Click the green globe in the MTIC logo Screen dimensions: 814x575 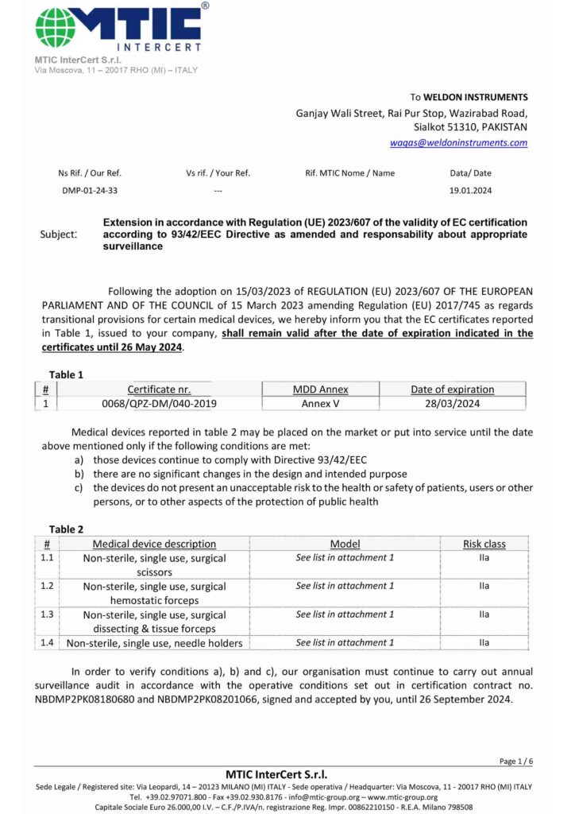tap(56, 28)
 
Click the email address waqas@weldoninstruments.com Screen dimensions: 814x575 tap(458, 143)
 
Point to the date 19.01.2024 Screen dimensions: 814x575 tap(470, 191)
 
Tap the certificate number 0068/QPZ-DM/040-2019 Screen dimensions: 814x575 tap(159, 403)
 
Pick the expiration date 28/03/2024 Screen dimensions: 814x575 tap(452, 403)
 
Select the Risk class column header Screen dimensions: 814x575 tap(484, 544)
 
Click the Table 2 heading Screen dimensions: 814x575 tap(66, 529)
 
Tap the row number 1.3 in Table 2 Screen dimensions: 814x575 tap(47, 614)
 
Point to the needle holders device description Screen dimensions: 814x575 tap(154, 643)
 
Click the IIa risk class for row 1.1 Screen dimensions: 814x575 tap(484, 558)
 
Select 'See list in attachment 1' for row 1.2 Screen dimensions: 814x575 tap(345, 586)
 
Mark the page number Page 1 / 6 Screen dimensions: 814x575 tap(515, 761)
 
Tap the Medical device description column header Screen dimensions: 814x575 tap(154, 544)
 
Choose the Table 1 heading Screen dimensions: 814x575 tap(66, 374)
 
